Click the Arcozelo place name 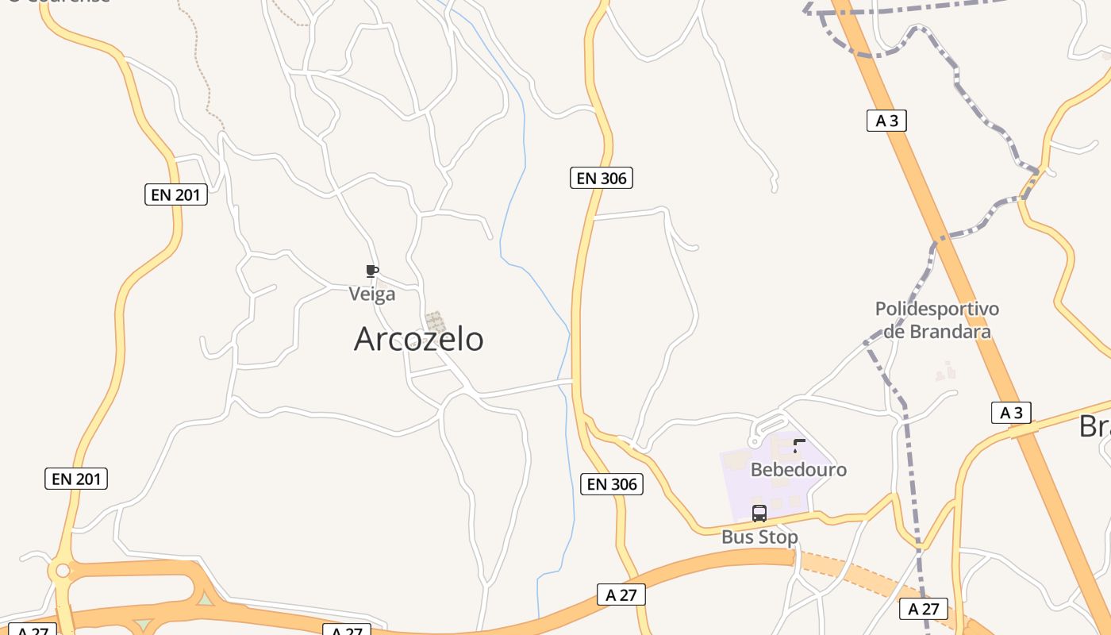[x=418, y=339]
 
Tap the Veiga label [x=372, y=294]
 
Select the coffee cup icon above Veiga [x=371, y=271]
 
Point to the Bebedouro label [x=798, y=469]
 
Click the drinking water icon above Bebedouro [x=799, y=445]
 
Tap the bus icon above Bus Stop [x=759, y=513]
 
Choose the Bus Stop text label [x=759, y=537]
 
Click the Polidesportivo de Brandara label [x=936, y=320]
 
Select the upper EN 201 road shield [x=175, y=194]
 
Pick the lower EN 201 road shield [x=76, y=479]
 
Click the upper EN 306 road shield [x=602, y=178]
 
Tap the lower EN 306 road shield [x=612, y=484]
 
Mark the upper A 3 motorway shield [x=886, y=121]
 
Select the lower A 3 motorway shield [x=1011, y=413]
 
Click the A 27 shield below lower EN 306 [x=621, y=595]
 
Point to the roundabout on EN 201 [x=63, y=571]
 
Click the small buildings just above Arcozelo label [x=435, y=321]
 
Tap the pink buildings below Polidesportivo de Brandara [x=945, y=371]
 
